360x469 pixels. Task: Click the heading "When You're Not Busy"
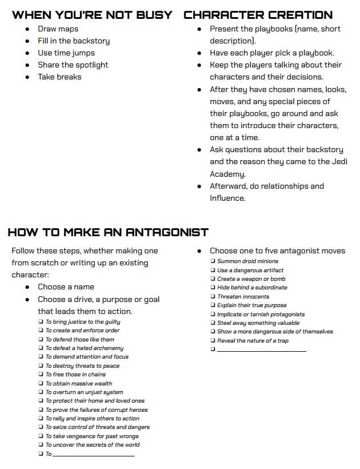[92, 15]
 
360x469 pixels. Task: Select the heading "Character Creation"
[258, 15]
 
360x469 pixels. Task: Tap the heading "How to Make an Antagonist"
[108, 232]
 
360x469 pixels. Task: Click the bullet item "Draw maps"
[58, 29]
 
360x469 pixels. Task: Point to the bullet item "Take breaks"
[60, 77]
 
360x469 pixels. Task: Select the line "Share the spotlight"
[73, 65]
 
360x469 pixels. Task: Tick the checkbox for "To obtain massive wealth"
[41, 383]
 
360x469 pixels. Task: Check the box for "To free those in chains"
[41, 375]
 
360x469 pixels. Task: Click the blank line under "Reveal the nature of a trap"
[262, 350]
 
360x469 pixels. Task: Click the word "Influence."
[227, 198]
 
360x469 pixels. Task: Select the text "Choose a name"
[66, 287]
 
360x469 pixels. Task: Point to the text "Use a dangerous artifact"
[250, 271]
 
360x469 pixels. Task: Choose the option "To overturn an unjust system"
[84, 392]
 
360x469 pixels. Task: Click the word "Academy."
[227, 174]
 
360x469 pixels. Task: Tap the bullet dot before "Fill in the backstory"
[27, 41]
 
